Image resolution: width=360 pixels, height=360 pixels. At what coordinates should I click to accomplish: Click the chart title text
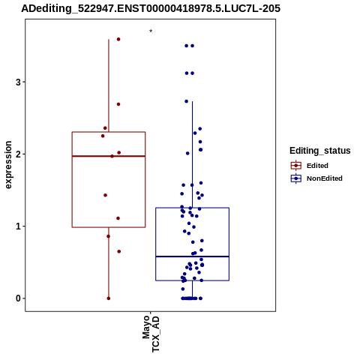point(151,8)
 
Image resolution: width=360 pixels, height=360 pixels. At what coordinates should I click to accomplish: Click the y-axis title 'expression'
point(8,165)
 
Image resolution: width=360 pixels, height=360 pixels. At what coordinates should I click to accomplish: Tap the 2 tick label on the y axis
point(18,154)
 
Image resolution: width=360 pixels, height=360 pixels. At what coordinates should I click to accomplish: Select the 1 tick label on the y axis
point(18,226)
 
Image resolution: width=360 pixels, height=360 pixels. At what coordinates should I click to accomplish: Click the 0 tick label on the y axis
point(18,298)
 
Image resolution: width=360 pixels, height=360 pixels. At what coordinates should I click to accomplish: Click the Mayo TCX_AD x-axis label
point(151,334)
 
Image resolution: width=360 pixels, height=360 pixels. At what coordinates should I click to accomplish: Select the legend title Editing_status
point(320,151)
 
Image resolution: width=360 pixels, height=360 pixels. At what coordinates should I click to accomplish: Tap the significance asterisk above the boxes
point(151,31)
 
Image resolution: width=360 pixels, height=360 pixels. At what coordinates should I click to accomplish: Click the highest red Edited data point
point(118,39)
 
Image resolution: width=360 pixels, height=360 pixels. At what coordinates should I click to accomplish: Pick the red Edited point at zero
point(109,298)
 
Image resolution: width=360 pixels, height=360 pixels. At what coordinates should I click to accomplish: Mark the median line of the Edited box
point(109,156)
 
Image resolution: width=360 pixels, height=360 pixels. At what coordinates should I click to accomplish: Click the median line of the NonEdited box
point(192,256)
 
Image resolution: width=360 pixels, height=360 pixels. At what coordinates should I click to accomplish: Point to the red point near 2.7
point(118,104)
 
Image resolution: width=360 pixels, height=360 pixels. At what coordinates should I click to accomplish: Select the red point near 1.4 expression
point(105,195)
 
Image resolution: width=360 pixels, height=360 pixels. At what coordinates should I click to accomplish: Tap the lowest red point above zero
point(119,251)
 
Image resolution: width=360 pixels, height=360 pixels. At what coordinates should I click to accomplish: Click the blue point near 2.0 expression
point(187,153)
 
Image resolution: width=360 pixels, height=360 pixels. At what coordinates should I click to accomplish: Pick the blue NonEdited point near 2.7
point(186,101)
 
